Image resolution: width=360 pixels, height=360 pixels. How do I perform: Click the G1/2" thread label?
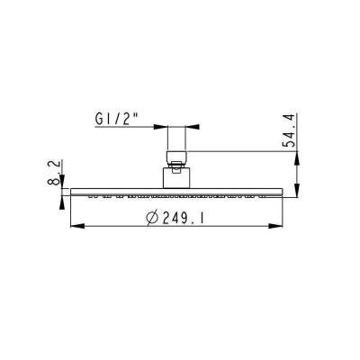[x=116, y=119]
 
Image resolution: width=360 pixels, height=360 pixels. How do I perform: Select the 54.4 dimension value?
[x=289, y=130]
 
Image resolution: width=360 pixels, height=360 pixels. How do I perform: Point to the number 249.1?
[x=183, y=218]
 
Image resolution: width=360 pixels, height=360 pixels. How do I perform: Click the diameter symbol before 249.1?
[x=152, y=218]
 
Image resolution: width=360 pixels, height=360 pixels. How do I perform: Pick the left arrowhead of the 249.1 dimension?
[x=77, y=226]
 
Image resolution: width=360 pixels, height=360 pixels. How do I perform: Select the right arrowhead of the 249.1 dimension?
[x=275, y=226]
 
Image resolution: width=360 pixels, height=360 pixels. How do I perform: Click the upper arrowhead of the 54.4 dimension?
[x=297, y=158]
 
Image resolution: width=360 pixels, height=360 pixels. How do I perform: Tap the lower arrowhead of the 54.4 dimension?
[x=297, y=190]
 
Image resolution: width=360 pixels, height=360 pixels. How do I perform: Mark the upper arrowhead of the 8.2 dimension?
[x=62, y=182]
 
